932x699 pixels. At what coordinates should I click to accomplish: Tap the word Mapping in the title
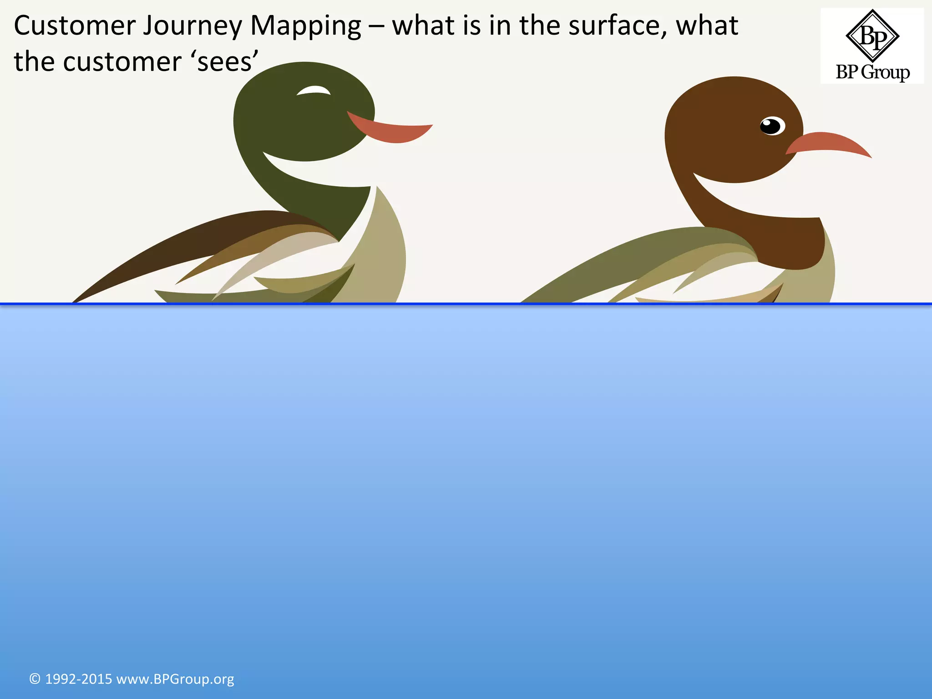tap(305, 26)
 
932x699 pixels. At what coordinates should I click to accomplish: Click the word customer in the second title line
tap(122, 62)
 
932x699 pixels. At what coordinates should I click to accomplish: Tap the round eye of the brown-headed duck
tap(772, 126)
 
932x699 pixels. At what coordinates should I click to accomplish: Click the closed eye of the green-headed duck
tap(314, 91)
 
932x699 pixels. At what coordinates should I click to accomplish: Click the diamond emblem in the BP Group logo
tap(872, 36)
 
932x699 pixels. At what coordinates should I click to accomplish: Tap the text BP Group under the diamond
tap(872, 72)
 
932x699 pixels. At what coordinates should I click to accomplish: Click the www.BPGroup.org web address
tap(175, 679)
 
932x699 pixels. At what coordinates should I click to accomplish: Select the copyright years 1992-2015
tap(78, 679)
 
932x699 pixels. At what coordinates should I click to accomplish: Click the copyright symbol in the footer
tap(35, 679)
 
